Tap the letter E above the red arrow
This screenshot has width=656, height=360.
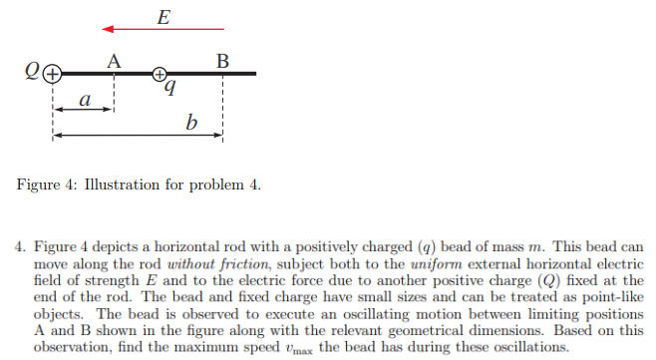tap(163, 13)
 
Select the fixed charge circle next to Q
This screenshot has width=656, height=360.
tap(53, 73)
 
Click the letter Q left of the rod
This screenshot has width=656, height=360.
tap(34, 73)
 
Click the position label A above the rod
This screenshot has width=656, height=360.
tap(114, 60)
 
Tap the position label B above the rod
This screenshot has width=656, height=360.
tap(222, 60)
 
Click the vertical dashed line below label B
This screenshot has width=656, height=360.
tap(222, 110)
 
